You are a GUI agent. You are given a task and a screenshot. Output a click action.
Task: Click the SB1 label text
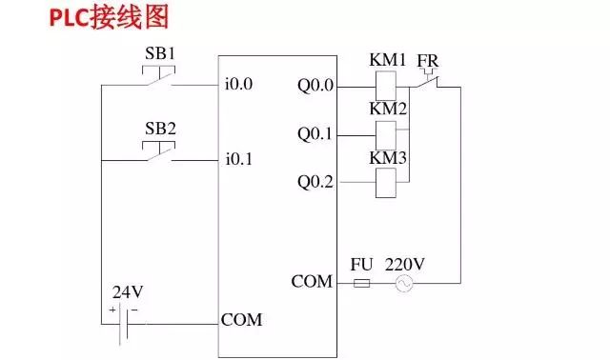pos(159,53)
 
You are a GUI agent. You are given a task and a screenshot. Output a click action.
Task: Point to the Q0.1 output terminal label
pos(315,134)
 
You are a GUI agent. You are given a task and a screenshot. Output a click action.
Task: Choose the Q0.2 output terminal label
pos(315,181)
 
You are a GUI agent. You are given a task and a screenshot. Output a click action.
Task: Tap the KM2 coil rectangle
pos(387,134)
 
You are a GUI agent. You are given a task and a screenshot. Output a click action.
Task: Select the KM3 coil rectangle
pos(387,181)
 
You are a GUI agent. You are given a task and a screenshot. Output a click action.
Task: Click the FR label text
pos(428,61)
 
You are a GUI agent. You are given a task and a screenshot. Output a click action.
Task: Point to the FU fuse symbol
pos(361,283)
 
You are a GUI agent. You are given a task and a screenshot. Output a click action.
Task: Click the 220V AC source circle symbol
pos(403,284)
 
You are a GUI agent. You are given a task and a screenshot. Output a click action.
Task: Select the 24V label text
pos(125,292)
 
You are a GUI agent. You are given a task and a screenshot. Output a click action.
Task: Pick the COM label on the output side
pos(312,282)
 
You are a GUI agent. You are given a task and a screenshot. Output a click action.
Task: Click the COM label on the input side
pos(241,320)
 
